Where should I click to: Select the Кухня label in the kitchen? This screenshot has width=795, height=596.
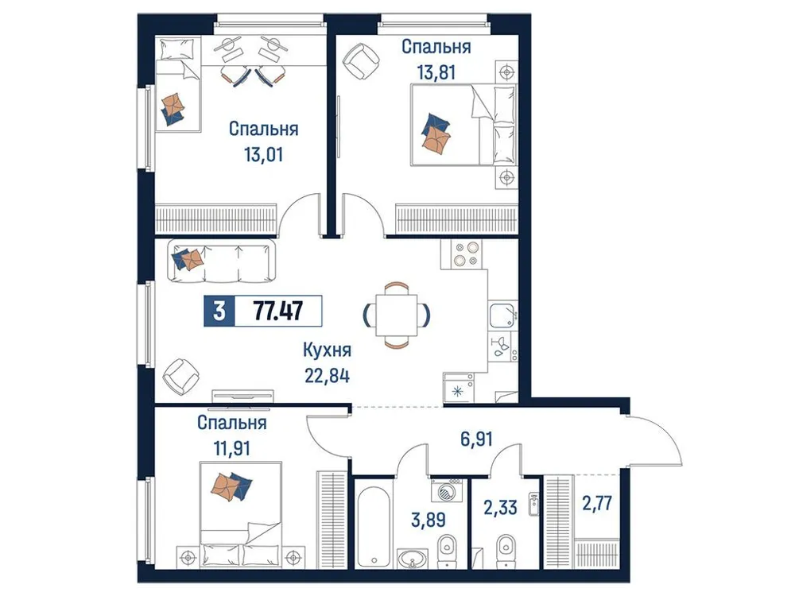click(x=327, y=350)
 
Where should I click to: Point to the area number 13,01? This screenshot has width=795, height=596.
click(x=264, y=153)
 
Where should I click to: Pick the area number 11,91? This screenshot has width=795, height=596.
click(x=232, y=448)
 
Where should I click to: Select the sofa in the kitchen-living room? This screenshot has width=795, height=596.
click(x=221, y=261)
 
